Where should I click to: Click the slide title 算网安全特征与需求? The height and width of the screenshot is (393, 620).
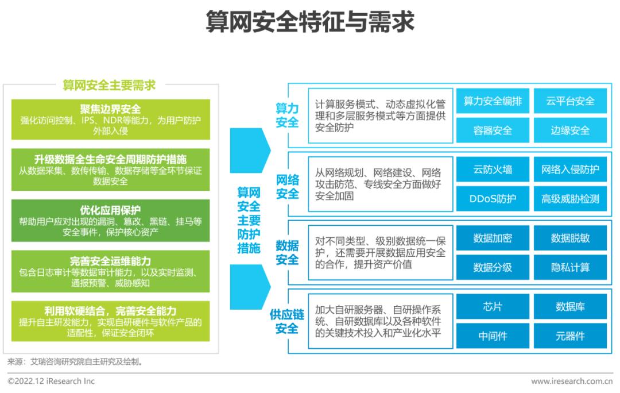310,21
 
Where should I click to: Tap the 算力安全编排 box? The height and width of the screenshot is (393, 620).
493,101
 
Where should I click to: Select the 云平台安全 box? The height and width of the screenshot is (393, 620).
570,101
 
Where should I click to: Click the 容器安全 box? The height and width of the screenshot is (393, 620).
493,130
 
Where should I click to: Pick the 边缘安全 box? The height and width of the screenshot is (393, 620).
570,130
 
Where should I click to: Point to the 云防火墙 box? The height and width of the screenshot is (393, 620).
493,169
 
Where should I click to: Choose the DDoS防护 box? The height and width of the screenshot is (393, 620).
493,199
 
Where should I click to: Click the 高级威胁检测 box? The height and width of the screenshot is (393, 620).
570,199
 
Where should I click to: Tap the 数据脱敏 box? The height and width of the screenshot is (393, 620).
570,238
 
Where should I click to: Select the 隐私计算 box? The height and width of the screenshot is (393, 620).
570,267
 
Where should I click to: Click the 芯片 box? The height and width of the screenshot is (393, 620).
493,306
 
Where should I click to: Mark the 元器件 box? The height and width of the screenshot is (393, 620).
570,336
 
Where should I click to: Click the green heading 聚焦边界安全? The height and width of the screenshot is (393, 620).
110,109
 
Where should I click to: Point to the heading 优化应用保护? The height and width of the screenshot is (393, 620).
110,210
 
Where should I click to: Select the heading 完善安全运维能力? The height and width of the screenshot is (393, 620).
110,261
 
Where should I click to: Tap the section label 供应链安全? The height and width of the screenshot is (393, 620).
286,321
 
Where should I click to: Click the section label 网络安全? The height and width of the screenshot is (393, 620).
288,187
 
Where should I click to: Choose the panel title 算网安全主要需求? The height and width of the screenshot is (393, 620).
109,85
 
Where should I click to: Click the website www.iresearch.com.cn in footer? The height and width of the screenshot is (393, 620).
572,382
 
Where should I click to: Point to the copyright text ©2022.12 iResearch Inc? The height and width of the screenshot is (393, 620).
51,381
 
